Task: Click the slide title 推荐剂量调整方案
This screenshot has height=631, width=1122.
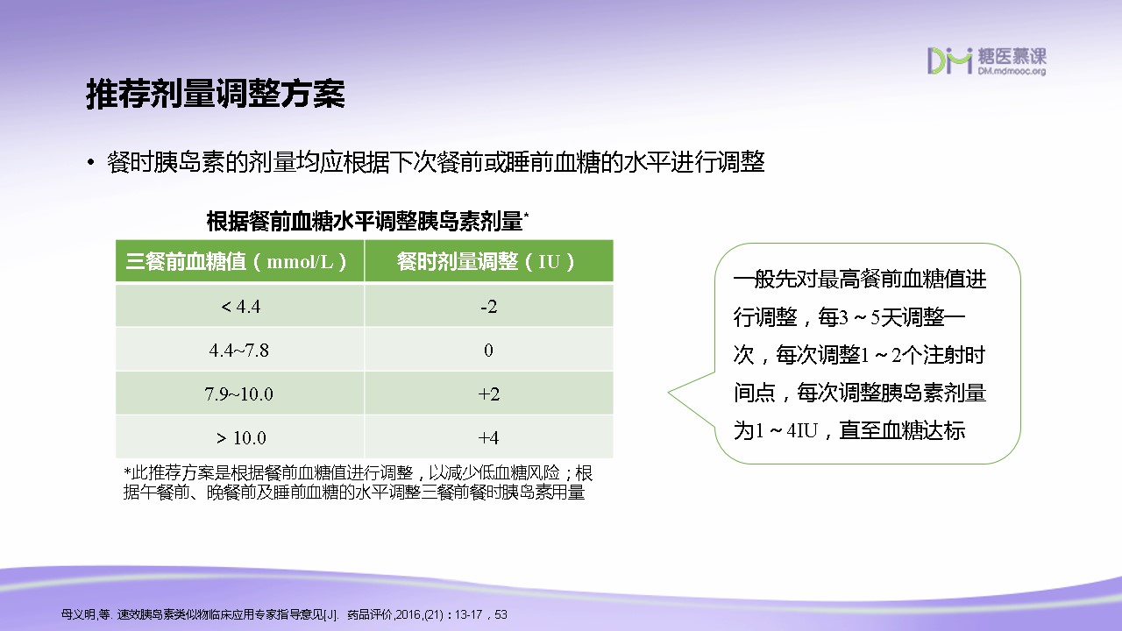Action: (x=216, y=94)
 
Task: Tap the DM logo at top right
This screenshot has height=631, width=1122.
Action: (x=949, y=61)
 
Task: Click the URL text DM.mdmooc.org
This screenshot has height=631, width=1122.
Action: (x=1012, y=71)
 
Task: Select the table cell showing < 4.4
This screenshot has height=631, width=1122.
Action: (x=240, y=306)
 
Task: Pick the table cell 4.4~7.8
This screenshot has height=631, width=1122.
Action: (x=239, y=350)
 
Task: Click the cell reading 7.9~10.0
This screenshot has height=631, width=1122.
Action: (x=239, y=393)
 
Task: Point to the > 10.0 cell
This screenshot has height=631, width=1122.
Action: (x=240, y=437)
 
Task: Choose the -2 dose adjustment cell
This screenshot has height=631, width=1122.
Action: (x=489, y=306)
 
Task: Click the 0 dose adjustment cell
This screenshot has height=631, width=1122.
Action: (x=489, y=350)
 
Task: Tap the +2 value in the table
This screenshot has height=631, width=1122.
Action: (x=489, y=393)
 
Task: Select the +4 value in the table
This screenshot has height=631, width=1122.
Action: (x=489, y=437)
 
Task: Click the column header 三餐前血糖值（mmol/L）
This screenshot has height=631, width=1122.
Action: (x=237, y=261)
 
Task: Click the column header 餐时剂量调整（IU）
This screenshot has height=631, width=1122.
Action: (x=486, y=261)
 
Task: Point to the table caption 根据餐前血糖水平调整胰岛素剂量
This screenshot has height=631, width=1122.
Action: (x=365, y=222)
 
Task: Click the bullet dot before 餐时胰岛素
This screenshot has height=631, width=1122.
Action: (x=90, y=162)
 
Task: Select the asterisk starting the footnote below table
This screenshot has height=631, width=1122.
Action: (x=127, y=471)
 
